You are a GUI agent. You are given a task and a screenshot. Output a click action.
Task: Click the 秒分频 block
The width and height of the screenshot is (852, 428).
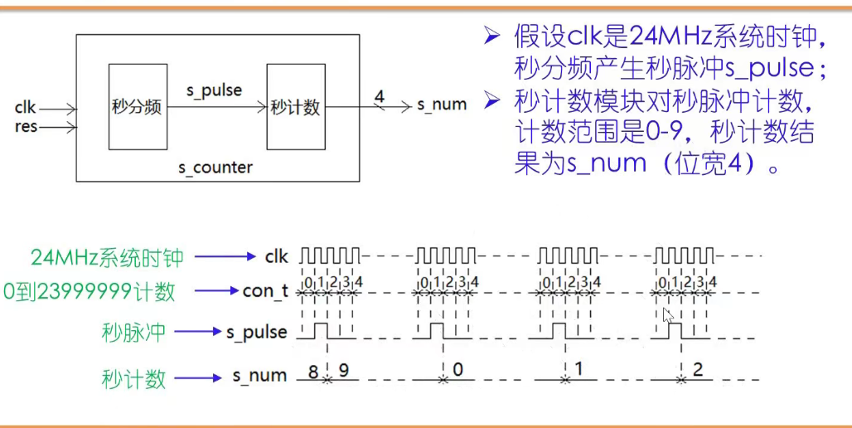click(x=137, y=106)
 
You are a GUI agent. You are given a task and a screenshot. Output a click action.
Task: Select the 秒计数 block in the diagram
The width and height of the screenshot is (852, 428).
click(x=295, y=106)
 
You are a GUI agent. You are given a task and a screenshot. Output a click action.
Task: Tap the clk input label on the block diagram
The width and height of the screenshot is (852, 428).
click(x=25, y=108)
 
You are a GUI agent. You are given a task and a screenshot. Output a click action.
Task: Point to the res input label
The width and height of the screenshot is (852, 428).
click(x=26, y=127)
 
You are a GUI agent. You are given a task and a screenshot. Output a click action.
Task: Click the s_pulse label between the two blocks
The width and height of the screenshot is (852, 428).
click(x=214, y=90)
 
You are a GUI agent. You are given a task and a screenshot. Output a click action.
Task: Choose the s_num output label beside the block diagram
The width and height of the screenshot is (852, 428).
click(x=441, y=105)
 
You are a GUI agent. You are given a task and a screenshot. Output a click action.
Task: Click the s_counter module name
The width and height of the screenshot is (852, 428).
click(x=215, y=167)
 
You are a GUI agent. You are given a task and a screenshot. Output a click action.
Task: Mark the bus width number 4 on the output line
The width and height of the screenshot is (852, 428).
click(x=379, y=96)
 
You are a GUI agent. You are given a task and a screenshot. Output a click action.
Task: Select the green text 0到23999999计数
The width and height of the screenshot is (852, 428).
click(x=90, y=291)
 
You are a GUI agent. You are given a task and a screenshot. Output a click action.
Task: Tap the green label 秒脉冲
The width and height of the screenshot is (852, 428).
click(x=133, y=332)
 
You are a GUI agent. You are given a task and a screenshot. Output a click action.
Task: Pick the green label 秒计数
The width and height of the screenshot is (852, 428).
click(x=133, y=378)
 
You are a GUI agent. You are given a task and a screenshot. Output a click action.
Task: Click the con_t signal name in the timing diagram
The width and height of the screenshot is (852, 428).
click(x=265, y=291)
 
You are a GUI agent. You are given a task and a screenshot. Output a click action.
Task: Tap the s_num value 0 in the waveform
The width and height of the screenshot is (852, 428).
click(x=456, y=369)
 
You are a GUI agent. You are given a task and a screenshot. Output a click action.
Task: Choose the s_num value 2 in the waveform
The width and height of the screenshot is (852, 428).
click(x=697, y=369)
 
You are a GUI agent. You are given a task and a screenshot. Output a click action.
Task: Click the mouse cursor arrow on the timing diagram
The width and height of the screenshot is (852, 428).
click(x=667, y=315)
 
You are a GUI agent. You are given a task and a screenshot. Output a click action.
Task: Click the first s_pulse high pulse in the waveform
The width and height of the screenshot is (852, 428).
click(x=320, y=330)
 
